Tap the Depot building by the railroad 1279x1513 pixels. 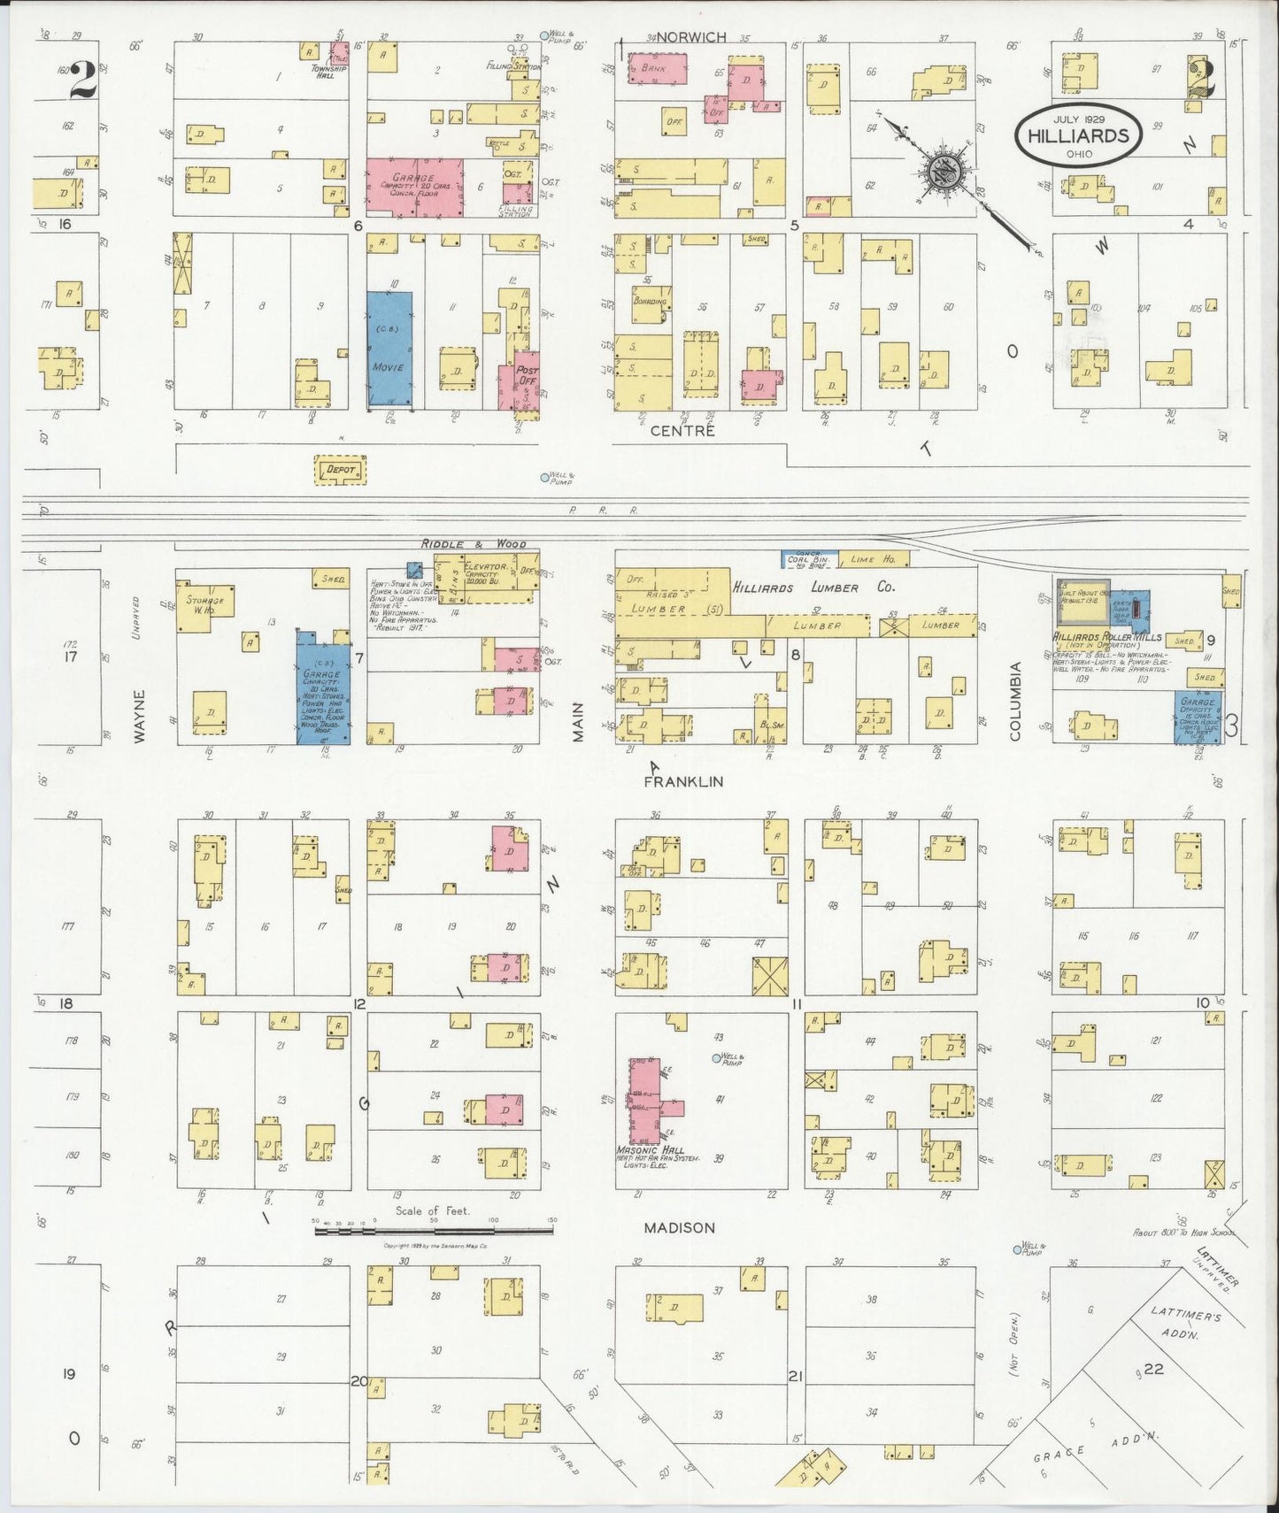coord(341,470)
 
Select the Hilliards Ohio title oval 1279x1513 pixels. coord(1078,134)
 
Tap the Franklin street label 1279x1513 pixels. coord(683,781)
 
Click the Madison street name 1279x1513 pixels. coord(679,1227)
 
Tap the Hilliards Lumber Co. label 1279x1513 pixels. coord(813,588)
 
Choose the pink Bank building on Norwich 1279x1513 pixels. coord(658,68)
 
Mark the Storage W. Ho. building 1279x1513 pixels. coord(205,605)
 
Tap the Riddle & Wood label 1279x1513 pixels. coord(473,543)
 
